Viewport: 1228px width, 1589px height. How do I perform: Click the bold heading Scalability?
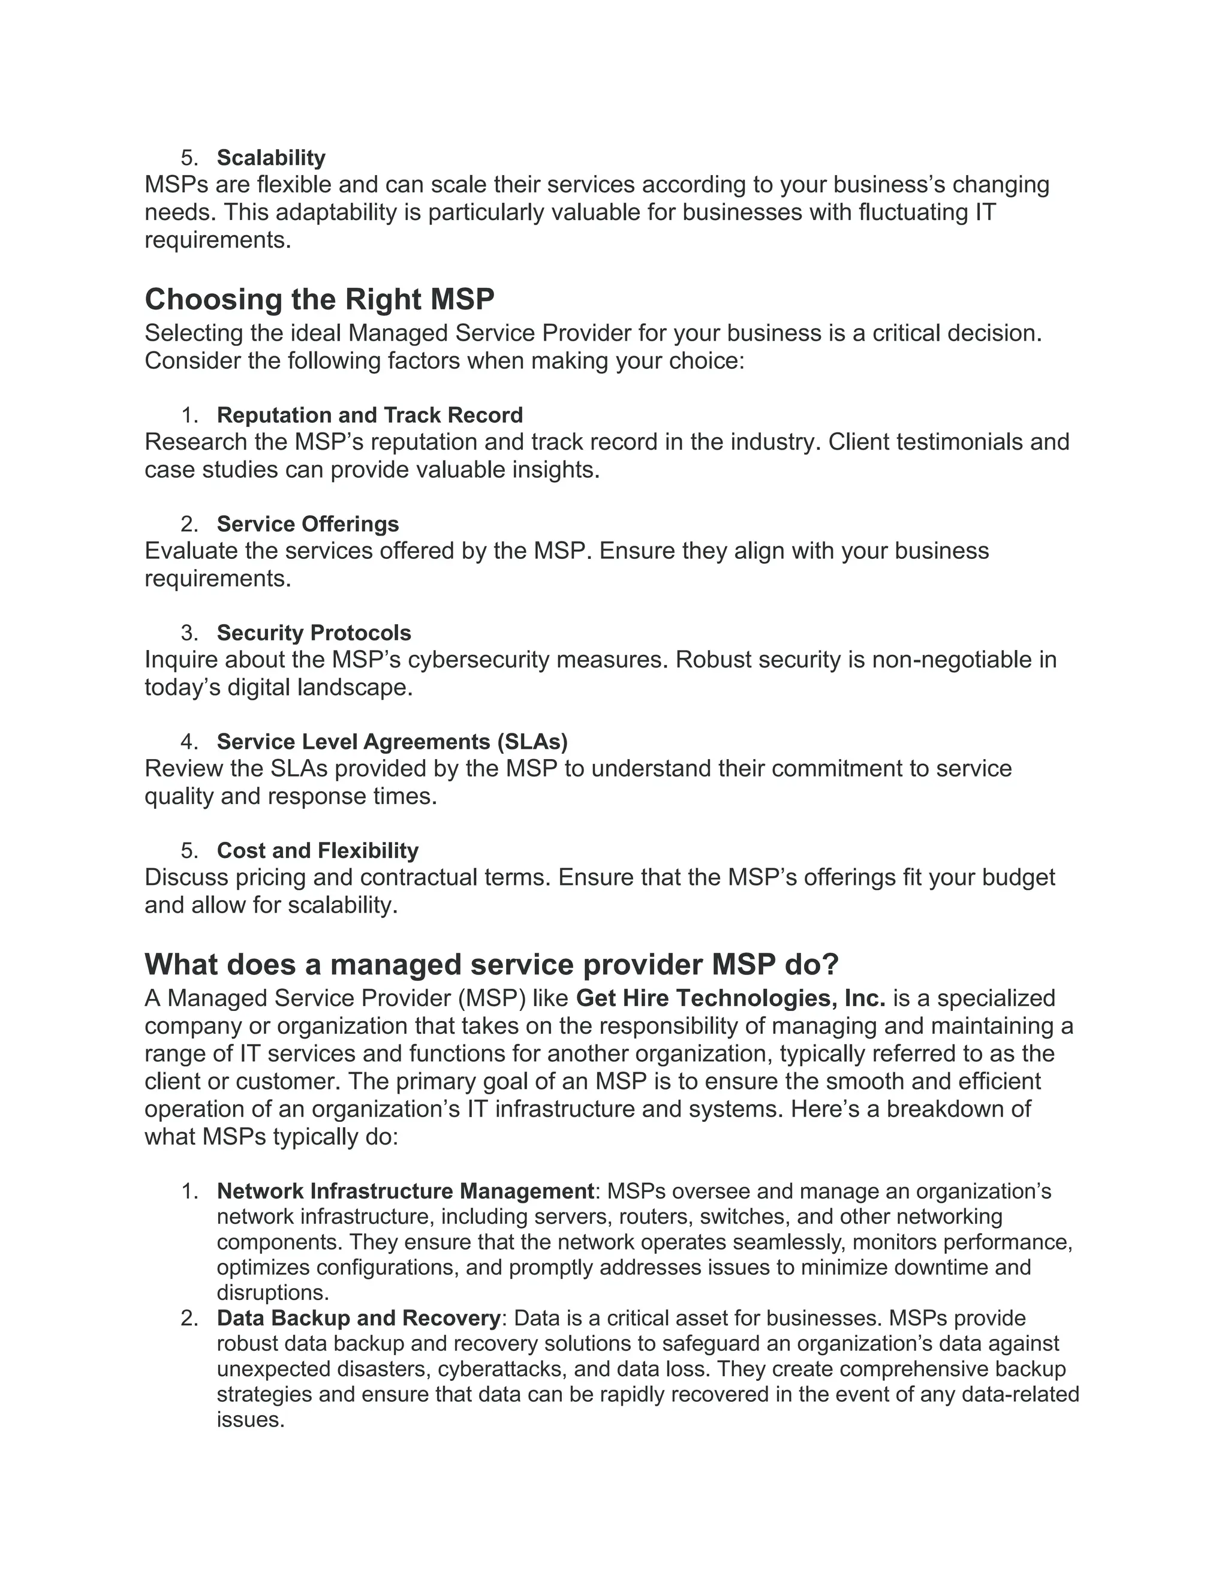[x=270, y=158]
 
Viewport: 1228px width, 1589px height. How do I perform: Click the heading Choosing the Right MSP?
[x=320, y=299]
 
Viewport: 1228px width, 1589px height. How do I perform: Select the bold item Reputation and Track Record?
[x=369, y=416]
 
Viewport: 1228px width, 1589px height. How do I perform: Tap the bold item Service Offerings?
[x=308, y=524]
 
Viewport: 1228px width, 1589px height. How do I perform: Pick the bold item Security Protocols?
[x=314, y=633]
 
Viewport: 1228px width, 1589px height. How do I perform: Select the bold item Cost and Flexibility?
[x=317, y=850]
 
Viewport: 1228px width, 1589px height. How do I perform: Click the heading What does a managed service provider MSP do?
[x=492, y=965]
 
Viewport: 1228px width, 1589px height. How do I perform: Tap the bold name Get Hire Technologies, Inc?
[x=730, y=998]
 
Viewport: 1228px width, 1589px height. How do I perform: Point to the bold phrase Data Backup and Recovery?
[x=359, y=1319]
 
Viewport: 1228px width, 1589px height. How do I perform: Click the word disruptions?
[x=273, y=1293]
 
